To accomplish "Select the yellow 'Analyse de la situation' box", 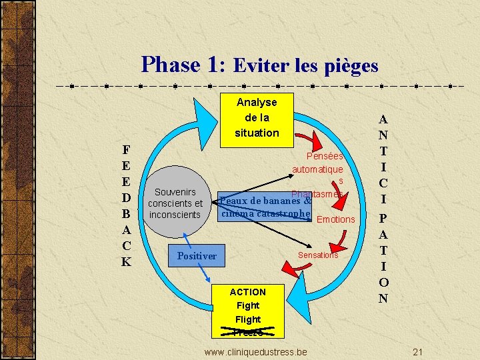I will click(x=257, y=117).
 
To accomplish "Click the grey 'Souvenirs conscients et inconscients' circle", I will click(x=175, y=203).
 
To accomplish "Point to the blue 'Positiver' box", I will click(x=197, y=256).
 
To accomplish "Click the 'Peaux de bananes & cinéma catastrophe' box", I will click(x=265, y=207).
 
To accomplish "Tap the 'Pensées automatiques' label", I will click(x=318, y=169).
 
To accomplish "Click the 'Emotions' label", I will click(x=336, y=219).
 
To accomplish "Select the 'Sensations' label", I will click(x=318, y=255).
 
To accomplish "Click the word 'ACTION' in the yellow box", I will click(x=248, y=292).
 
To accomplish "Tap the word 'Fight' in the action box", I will click(x=248, y=305).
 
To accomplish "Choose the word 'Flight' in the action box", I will click(x=248, y=319).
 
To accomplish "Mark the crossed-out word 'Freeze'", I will click(x=248, y=332).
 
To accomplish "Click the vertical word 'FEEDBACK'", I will click(x=126, y=205).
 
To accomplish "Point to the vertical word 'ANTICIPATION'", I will click(x=383, y=209).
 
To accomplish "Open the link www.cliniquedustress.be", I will click(x=256, y=351).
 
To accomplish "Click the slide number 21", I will click(x=418, y=351).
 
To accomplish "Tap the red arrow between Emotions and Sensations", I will click(x=341, y=238).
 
